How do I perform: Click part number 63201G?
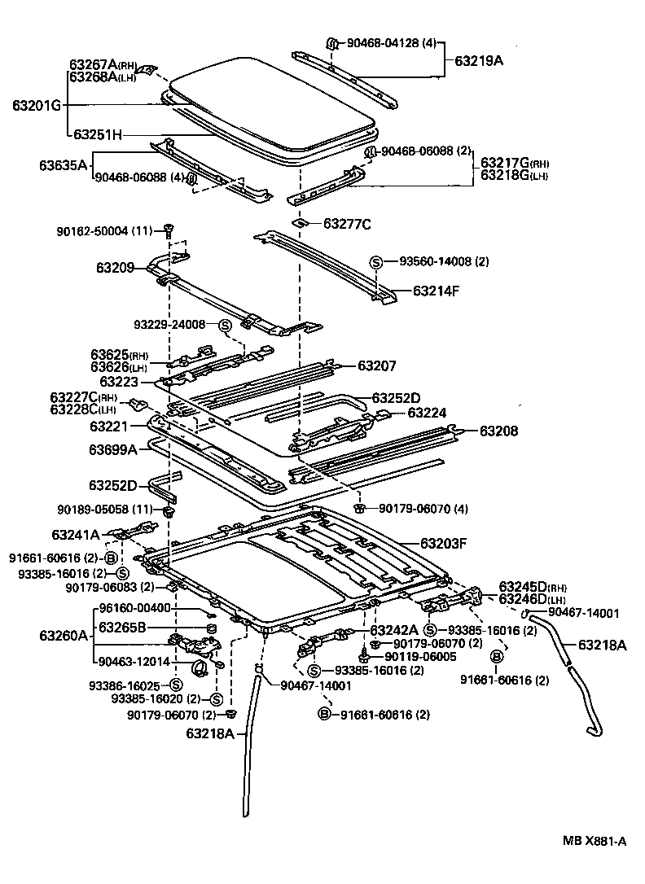(37, 106)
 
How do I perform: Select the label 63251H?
(98, 135)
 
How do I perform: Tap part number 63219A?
(480, 60)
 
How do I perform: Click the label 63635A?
(63, 165)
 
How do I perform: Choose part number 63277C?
(347, 224)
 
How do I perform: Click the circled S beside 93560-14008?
(376, 262)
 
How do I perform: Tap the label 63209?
(116, 266)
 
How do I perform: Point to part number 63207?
(378, 366)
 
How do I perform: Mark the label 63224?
(428, 413)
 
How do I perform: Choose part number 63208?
(498, 431)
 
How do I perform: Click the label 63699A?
(113, 449)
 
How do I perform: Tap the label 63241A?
(75, 535)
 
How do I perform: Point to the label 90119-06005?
(422, 656)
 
